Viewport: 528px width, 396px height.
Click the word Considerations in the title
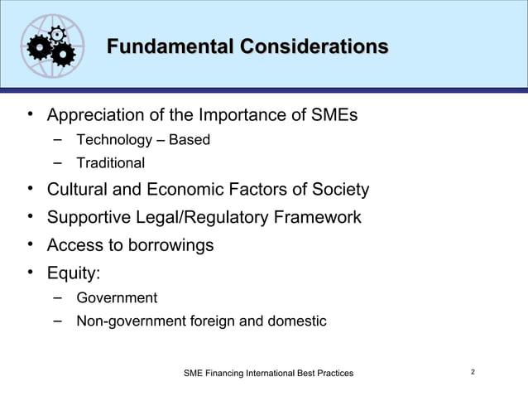tap(314, 46)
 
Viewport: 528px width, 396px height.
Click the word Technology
tap(114, 140)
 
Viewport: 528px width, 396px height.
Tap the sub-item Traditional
tap(111, 164)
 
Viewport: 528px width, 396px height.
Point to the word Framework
tap(319, 219)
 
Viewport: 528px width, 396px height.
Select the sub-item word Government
tap(117, 298)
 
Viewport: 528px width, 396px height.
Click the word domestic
tap(299, 321)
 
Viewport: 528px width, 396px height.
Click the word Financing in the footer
tap(233, 374)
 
